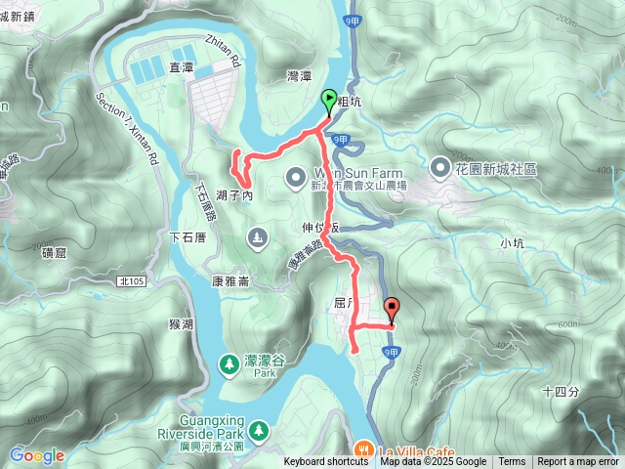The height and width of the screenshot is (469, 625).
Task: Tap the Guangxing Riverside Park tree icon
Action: click(258, 430)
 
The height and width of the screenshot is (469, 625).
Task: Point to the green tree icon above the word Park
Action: click(229, 363)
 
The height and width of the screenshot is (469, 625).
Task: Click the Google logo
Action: click(36, 455)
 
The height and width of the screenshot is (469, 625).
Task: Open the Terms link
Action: click(512, 462)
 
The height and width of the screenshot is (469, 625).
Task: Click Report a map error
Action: click(578, 462)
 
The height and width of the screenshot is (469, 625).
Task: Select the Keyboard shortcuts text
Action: click(326, 462)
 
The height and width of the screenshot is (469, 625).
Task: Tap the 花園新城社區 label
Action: click(496, 168)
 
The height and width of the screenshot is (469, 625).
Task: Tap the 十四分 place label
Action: click(560, 391)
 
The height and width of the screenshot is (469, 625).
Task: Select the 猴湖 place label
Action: click(180, 323)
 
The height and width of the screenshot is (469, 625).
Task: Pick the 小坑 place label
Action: click(511, 242)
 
